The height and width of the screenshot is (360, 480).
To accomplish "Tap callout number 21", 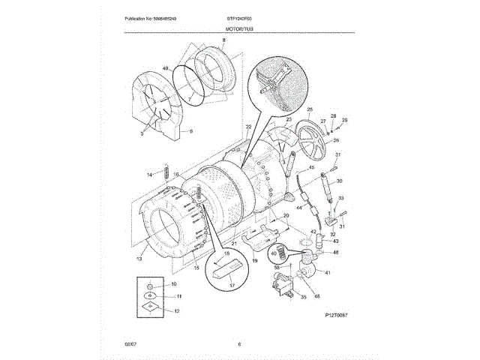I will [234, 243].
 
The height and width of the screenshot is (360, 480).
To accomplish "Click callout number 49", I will [166, 69].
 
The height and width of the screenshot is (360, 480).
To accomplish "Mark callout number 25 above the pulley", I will [288, 119].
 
